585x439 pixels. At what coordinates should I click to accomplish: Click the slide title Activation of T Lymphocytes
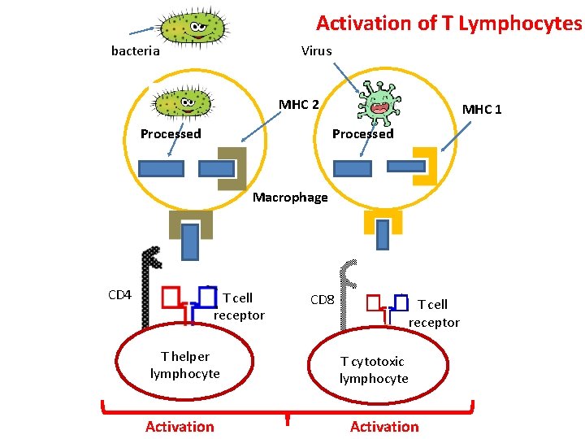point(448,23)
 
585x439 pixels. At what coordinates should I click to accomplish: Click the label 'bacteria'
point(135,50)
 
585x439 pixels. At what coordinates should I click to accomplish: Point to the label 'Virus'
point(316,50)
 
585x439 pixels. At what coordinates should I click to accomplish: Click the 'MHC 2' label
point(298,104)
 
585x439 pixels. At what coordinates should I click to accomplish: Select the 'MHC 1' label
point(482,109)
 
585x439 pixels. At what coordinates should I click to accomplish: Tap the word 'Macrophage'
point(290,197)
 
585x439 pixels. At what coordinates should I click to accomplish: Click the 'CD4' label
point(119,294)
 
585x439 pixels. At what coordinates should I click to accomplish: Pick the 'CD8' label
point(323,299)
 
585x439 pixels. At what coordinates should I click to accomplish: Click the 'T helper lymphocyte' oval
point(184,365)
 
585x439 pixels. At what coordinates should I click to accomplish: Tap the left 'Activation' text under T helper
point(180,426)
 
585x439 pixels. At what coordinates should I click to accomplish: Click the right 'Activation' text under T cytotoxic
point(384,426)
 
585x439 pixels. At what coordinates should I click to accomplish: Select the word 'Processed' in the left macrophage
point(171,133)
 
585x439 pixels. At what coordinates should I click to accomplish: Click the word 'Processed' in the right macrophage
point(362,133)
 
